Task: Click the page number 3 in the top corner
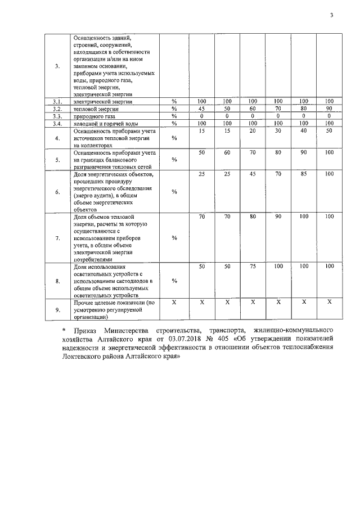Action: [x=332, y=16]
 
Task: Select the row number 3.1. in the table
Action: [x=57, y=101]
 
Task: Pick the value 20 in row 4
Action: [x=253, y=130]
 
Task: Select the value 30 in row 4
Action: [x=278, y=130]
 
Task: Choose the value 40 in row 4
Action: [x=304, y=130]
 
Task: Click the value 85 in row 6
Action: [x=304, y=174]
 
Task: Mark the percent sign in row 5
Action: [x=174, y=160]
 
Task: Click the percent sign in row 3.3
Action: [x=174, y=116]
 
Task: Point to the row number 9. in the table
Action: [x=57, y=309]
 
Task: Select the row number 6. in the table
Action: [x=57, y=192]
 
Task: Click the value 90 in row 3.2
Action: [x=329, y=109]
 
